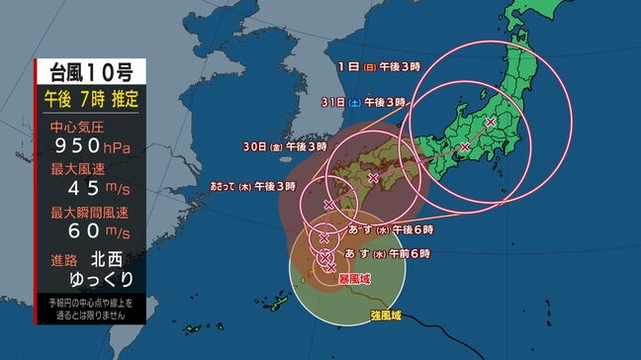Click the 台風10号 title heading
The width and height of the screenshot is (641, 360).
click(x=91, y=70)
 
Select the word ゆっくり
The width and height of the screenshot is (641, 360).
click(x=105, y=280)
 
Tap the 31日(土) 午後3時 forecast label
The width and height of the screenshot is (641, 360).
click(x=364, y=102)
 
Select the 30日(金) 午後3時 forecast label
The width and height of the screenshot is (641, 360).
click(x=285, y=146)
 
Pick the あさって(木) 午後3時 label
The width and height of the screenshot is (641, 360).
click(x=253, y=185)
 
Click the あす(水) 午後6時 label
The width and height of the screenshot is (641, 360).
click(x=388, y=228)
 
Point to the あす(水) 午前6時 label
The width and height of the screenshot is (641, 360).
click(x=388, y=254)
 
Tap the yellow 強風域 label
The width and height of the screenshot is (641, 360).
click(x=387, y=315)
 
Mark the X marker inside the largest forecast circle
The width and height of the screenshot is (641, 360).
click(x=491, y=122)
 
